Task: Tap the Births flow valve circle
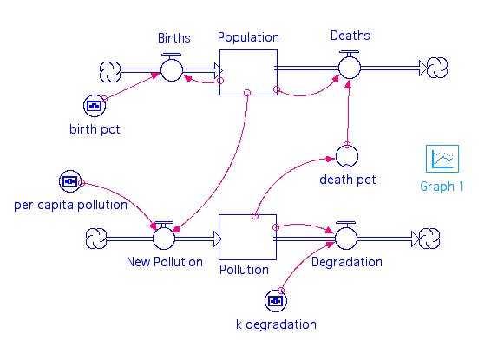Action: pyautogui.click(x=172, y=70)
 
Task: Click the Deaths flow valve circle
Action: pyautogui.click(x=350, y=68)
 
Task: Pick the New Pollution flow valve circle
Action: pyautogui.click(x=164, y=239)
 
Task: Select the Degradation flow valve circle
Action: pyautogui.click(x=346, y=239)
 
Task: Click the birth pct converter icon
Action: pyautogui.click(x=95, y=106)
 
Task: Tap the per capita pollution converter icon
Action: pyautogui.click(x=70, y=181)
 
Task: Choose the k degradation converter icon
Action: pyautogui.click(x=276, y=301)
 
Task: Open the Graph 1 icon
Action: pyautogui.click(x=442, y=159)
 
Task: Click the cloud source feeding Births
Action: pyautogui.click(x=110, y=72)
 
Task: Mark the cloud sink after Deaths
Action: pyautogui.click(x=437, y=68)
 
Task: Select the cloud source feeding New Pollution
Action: pyautogui.click(x=96, y=239)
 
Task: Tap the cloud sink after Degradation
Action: pyautogui.click(x=429, y=239)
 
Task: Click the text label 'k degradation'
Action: pyautogui.click(x=276, y=324)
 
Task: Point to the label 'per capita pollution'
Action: pyautogui.click(x=71, y=205)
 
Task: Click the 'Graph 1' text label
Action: pyautogui.click(x=442, y=187)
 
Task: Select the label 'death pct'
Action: pyautogui.click(x=348, y=180)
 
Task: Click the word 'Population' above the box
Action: pyautogui.click(x=248, y=37)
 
